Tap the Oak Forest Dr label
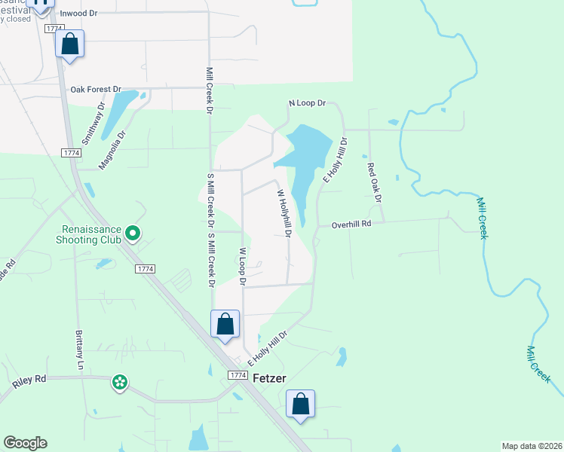[x=97, y=89]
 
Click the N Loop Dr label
[x=307, y=102]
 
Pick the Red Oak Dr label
[x=375, y=183]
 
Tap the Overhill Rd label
[x=353, y=224]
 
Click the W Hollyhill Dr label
[x=284, y=213]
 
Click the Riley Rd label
[x=29, y=381]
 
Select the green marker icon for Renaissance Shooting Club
[x=133, y=233]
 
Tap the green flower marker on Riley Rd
[x=119, y=383]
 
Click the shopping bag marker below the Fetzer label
[x=300, y=404]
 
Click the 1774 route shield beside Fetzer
[x=237, y=375]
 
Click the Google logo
[x=25, y=443]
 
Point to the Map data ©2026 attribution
[x=532, y=446]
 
